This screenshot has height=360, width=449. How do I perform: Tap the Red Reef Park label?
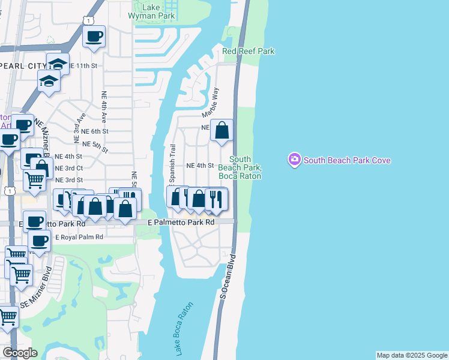249,52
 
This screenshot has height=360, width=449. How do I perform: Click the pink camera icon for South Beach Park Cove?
294,160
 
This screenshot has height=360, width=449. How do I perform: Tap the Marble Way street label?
211,103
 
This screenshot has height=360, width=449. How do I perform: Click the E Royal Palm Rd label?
79,237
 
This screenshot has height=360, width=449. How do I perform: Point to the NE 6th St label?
94,131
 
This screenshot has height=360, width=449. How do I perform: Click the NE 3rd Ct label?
69,168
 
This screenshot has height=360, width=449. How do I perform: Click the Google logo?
20,353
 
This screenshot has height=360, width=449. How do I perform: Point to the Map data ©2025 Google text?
412,355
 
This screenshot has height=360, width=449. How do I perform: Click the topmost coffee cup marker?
94,37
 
